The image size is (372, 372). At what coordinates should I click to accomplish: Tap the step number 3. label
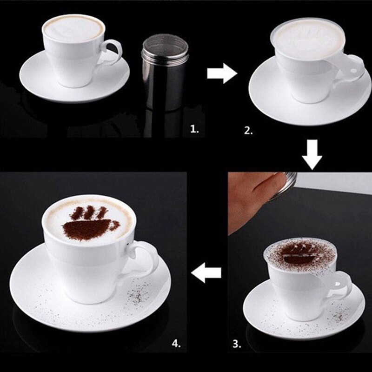(237, 345)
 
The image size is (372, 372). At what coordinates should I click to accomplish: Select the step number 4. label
(176, 344)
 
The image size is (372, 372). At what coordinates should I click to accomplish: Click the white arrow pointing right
(222, 73)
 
